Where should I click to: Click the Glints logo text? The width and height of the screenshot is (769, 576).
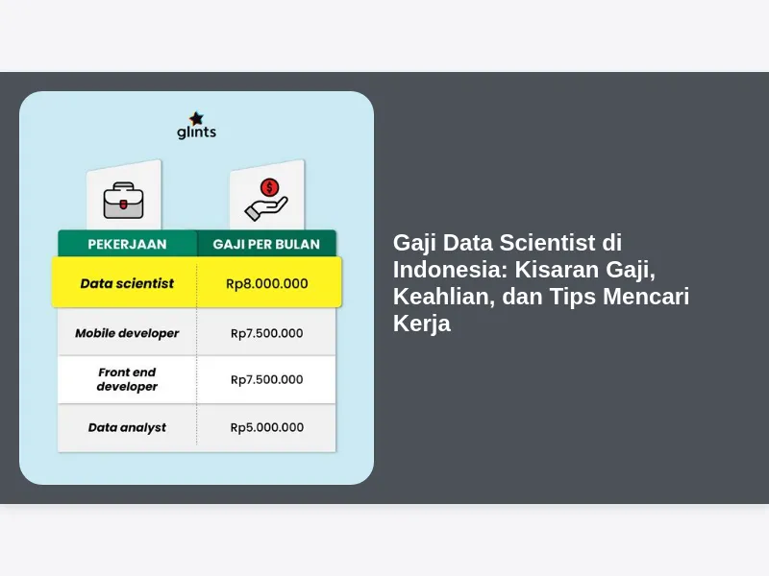pyautogui.click(x=196, y=132)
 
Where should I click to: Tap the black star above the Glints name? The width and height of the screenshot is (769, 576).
pyautogui.click(x=196, y=118)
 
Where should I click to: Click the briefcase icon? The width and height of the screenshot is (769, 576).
pyautogui.click(x=124, y=201)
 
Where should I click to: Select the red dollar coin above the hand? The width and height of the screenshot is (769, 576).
pyautogui.click(x=270, y=187)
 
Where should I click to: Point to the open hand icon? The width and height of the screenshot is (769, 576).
pyautogui.click(x=266, y=208)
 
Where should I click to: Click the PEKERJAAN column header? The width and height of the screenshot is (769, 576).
pyautogui.click(x=127, y=244)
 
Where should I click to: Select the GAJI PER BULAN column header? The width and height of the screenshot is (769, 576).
pyautogui.click(x=266, y=244)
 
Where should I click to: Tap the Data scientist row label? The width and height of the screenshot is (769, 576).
pyautogui.click(x=127, y=283)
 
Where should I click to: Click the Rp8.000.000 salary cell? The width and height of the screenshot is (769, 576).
pyautogui.click(x=267, y=283)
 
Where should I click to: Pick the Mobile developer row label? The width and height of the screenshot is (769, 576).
pyautogui.click(x=127, y=333)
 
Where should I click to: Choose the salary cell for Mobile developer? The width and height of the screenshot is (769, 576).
pyautogui.click(x=267, y=333)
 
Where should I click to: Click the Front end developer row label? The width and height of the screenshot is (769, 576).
pyautogui.click(x=127, y=379)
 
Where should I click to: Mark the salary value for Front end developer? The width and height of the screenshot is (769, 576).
pyautogui.click(x=267, y=379)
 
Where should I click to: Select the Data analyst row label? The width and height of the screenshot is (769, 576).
pyautogui.click(x=127, y=427)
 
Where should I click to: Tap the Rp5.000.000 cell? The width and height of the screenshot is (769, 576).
pyautogui.click(x=267, y=427)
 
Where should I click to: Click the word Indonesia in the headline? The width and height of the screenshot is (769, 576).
pyautogui.click(x=450, y=270)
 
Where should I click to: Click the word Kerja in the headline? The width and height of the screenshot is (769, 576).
pyautogui.click(x=422, y=324)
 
